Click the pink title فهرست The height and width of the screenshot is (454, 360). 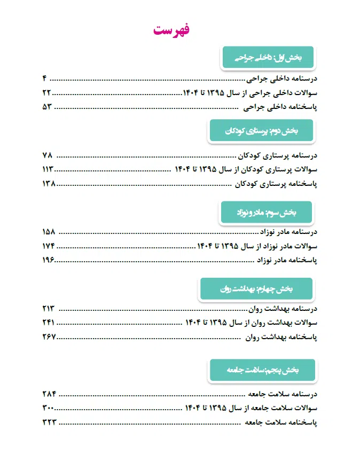(x=172, y=30)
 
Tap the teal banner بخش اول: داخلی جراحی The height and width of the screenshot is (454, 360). (x=269, y=56)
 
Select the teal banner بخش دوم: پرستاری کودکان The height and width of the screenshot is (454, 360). (x=261, y=131)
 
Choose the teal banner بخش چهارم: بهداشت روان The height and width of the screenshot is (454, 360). (x=256, y=289)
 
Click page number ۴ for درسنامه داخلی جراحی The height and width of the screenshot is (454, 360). (x=45, y=79)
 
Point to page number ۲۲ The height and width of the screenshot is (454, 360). (x=46, y=93)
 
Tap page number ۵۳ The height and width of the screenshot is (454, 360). (x=46, y=107)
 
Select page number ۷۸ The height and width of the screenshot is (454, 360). (x=47, y=155)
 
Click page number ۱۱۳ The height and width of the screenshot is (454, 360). (x=48, y=169)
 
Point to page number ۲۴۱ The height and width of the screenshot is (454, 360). (x=49, y=323)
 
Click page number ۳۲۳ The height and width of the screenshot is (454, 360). (x=49, y=422)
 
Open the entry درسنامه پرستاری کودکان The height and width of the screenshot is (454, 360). (x=278, y=155)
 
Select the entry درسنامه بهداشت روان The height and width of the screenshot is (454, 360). (x=284, y=309)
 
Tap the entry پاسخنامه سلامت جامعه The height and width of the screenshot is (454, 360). (x=281, y=422)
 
